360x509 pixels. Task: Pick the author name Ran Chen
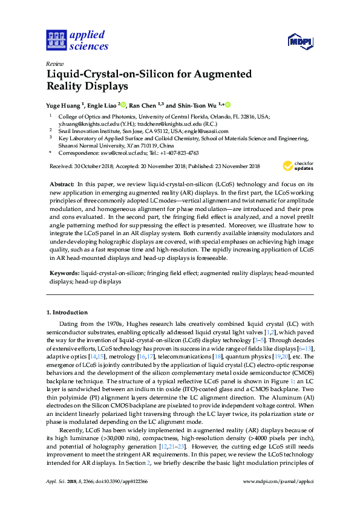(x=144, y=104)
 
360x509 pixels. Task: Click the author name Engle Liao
(x=102, y=104)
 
